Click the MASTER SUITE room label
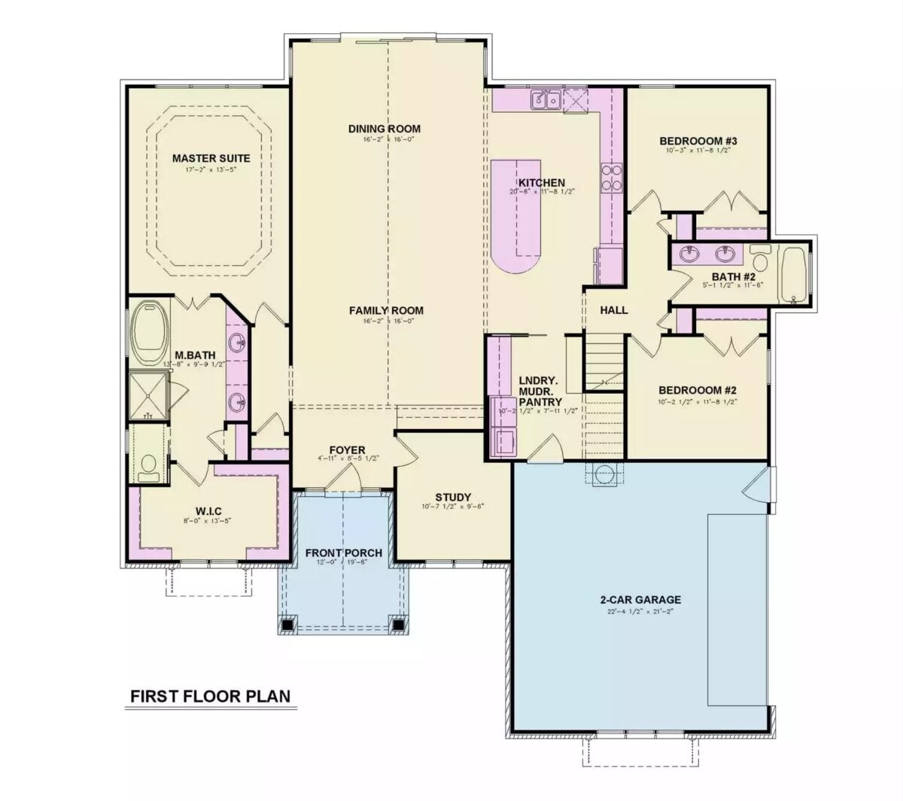pos(211,158)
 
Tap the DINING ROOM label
pos(384,128)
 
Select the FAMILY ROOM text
pos(385,310)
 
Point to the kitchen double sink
pos(545,99)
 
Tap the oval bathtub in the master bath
pos(151,329)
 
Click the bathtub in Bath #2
pos(794,274)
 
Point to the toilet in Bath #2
pos(759,258)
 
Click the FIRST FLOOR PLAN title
pos(210,696)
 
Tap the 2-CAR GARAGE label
pos(640,600)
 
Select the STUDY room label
pos(453,497)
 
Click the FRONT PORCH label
pos(343,553)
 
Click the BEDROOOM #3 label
pos(698,141)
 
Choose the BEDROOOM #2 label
pos(697,390)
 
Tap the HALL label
pos(613,310)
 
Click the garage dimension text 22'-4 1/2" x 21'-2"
pos(640,611)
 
